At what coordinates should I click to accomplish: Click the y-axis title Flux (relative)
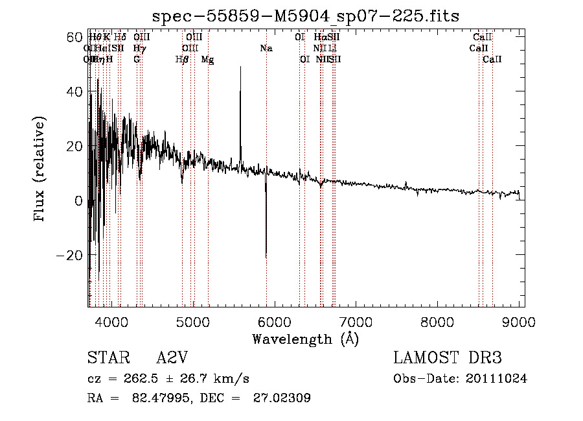point(41,169)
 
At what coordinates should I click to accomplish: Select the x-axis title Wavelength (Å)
point(306,339)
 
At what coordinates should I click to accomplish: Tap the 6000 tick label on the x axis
point(275,320)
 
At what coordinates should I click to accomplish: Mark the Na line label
point(266,48)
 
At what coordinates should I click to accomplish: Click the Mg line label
point(208,60)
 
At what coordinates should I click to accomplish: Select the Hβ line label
point(182,60)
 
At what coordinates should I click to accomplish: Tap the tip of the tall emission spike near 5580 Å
point(240,67)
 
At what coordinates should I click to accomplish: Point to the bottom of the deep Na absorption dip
point(266,258)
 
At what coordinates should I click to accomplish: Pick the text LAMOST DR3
point(447,358)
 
